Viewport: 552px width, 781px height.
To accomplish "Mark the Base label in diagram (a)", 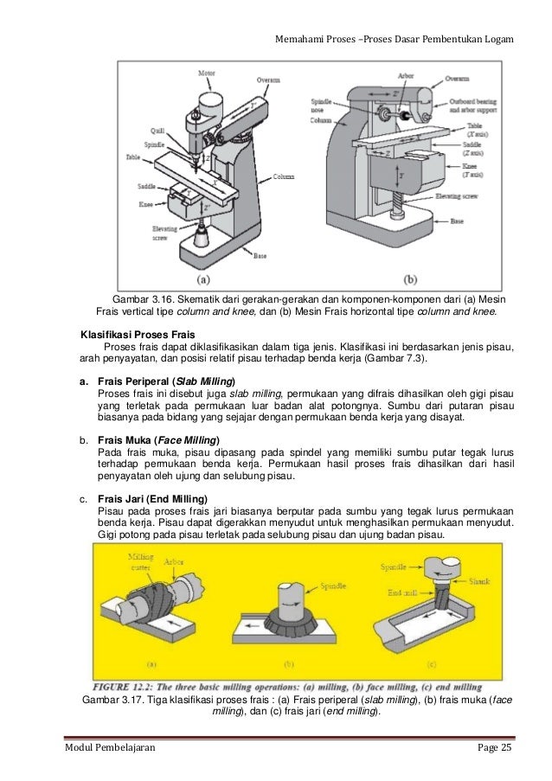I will click(x=260, y=257).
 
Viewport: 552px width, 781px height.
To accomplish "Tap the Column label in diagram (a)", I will click(x=284, y=176).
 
